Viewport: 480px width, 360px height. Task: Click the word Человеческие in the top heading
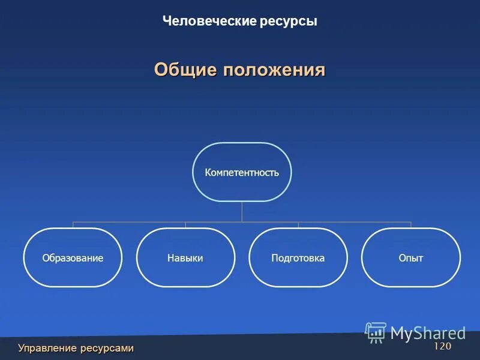pyautogui.click(x=210, y=22)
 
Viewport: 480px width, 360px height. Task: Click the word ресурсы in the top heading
pyautogui.click(x=289, y=22)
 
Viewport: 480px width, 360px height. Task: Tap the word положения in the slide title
pyautogui.click(x=274, y=70)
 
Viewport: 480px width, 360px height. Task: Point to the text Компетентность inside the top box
pyautogui.click(x=242, y=173)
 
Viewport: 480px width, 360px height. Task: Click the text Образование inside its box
pyautogui.click(x=73, y=258)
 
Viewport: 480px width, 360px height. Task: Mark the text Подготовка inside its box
pyautogui.click(x=298, y=258)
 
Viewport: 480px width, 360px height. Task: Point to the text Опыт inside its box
pyautogui.click(x=411, y=258)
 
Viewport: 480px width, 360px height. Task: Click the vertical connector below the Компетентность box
pyautogui.click(x=242, y=211)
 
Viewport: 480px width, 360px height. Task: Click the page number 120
pyautogui.click(x=442, y=347)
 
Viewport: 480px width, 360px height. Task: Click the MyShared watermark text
pyautogui.click(x=428, y=332)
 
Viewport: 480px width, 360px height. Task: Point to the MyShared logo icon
pyautogui.click(x=376, y=332)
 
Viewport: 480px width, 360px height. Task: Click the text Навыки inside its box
pyautogui.click(x=185, y=258)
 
